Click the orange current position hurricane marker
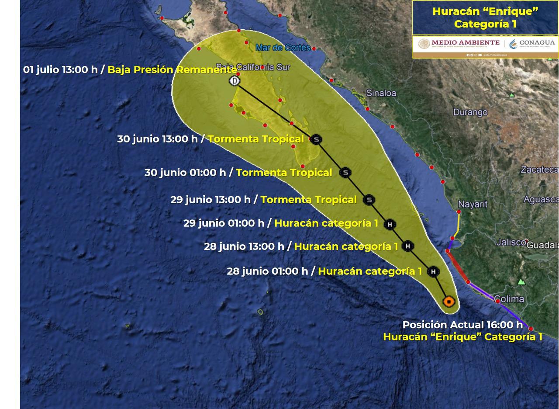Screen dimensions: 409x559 pyautogui.click(x=449, y=302)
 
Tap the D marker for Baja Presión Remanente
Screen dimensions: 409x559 pyautogui.click(x=235, y=81)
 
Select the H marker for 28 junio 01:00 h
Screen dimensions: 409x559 pyautogui.click(x=433, y=272)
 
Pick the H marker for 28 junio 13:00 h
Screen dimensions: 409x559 pyautogui.click(x=407, y=246)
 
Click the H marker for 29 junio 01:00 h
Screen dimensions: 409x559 pyautogui.click(x=390, y=225)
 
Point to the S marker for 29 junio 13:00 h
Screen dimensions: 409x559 pyautogui.click(x=369, y=200)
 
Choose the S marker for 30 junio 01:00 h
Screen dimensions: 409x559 pyautogui.click(x=345, y=173)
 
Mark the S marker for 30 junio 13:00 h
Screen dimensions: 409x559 pyautogui.click(x=316, y=140)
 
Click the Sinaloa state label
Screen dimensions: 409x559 pyautogui.click(x=381, y=93)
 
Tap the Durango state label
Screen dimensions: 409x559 pyautogui.click(x=470, y=112)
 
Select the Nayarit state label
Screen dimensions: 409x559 pyautogui.click(x=473, y=204)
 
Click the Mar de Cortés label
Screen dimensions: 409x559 pyautogui.click(x=283, y=48)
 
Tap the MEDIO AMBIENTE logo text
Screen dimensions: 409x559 pyautogui.click(x=465, y=43)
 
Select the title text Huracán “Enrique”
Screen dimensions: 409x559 pyautogui.click(x=485, y=11)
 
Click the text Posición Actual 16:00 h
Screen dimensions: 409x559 pyautogui.click(x=462, y=325)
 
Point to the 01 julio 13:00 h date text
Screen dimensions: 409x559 pyautogui.click(x=60, y=69)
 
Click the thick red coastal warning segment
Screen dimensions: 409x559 pyautogui.click(x=458, y=266)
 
